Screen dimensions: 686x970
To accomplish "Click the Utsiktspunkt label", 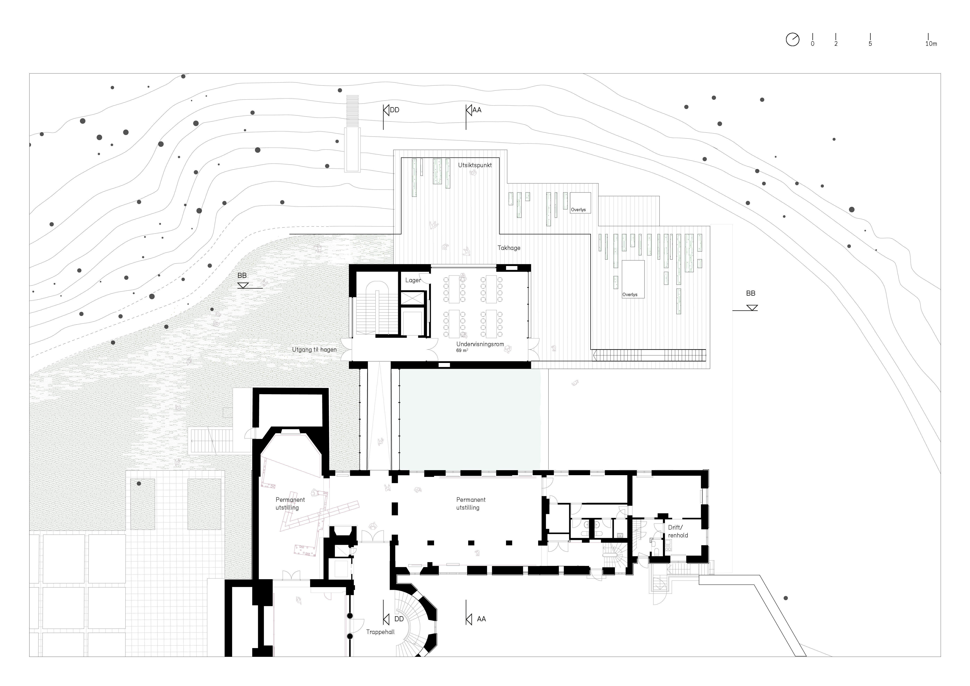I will [x=475, y=165].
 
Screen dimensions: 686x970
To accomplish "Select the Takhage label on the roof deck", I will [x=509, y=248].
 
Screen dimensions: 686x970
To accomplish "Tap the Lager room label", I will [x=413, y=280].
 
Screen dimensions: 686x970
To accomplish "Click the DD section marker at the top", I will [x=391, y=110].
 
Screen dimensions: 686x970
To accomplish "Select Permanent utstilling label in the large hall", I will [x=471, y=504].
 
